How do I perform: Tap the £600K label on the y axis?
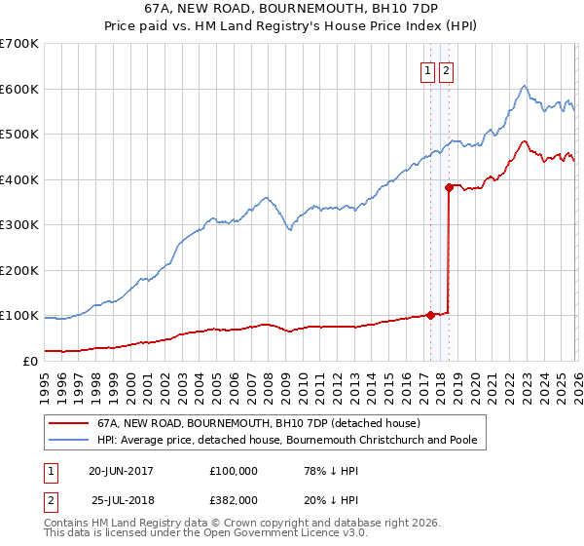click(18, 89)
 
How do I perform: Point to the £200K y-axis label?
click(18, 270)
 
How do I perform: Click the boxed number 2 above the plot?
click(446, 69)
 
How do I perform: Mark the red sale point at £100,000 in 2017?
click(430, 315)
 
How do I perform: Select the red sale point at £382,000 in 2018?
click(449, 187)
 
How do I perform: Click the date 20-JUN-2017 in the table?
click(121, 471)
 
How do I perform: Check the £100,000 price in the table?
click(234, 471)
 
